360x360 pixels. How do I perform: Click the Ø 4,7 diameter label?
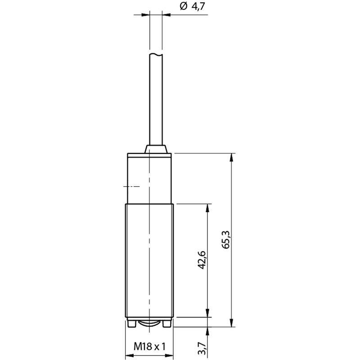[x=192, y=6]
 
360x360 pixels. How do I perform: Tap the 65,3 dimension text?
[x=226, y=239]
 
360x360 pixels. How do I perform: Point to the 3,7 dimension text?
[x=202, y=348]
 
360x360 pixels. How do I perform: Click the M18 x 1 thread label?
[x=149, y=346]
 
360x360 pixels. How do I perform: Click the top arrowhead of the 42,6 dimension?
[x=207, y=208]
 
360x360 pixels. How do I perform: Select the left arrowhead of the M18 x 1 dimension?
[x=130, y=355]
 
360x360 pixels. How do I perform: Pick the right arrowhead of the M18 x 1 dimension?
[x=169, y=355]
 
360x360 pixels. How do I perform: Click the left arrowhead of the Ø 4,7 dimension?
[x=145, y=15]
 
